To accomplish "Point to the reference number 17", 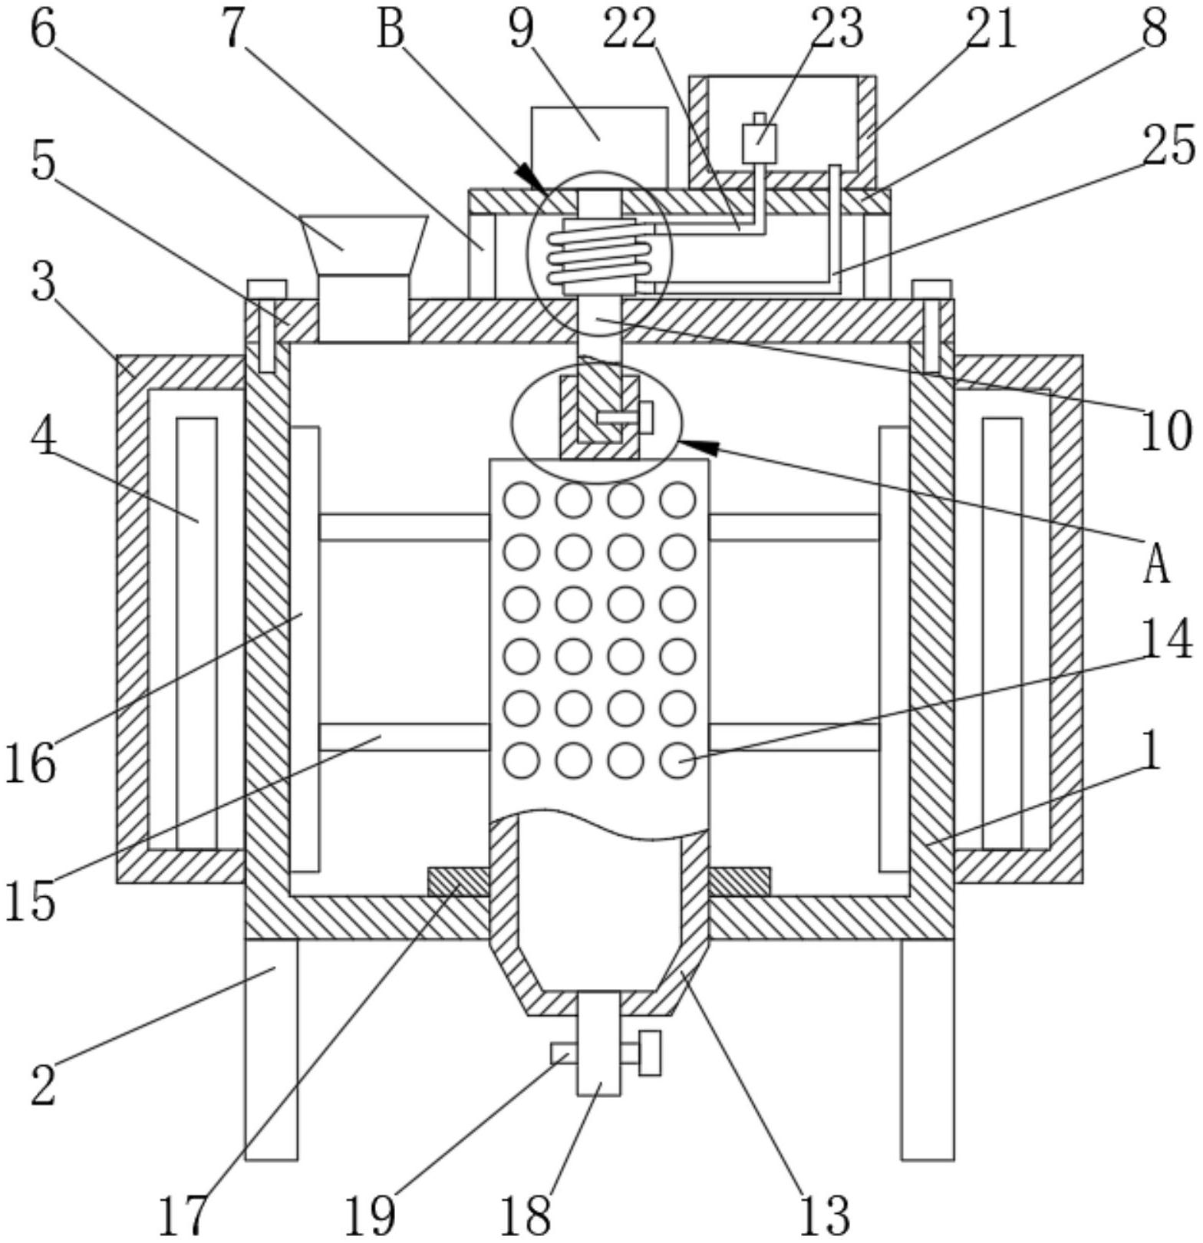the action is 183,1215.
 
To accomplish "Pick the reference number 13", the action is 826,1215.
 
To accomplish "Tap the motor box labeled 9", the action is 599,148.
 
